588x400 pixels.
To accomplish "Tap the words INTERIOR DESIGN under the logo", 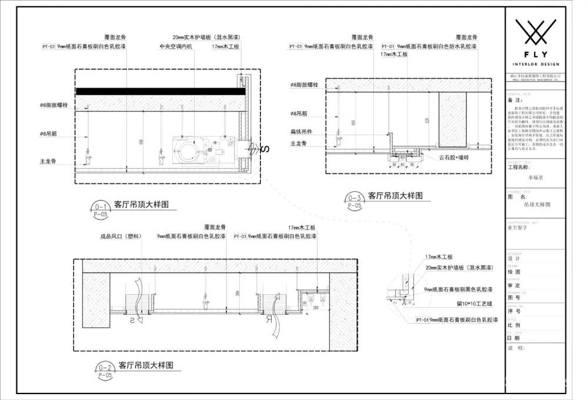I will (x=536, y=63).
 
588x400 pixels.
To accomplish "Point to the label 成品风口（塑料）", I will (x=121, y=237).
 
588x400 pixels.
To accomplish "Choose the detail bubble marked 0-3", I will (x=354, y=198).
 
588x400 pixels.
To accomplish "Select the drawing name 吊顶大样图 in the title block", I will (x=537, y=205).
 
